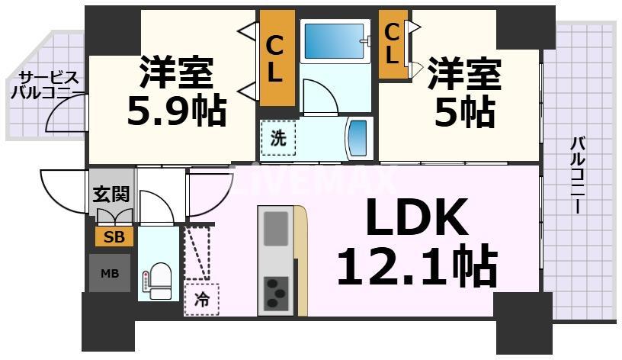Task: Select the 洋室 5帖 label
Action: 464,93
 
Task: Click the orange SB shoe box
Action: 114,236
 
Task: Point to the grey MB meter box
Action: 110,272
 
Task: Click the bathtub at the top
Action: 335,41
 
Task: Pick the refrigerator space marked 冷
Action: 200,298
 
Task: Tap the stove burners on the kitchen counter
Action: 275,291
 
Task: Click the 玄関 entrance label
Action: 111,194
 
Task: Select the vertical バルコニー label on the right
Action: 577,175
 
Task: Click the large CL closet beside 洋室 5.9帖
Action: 276,58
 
